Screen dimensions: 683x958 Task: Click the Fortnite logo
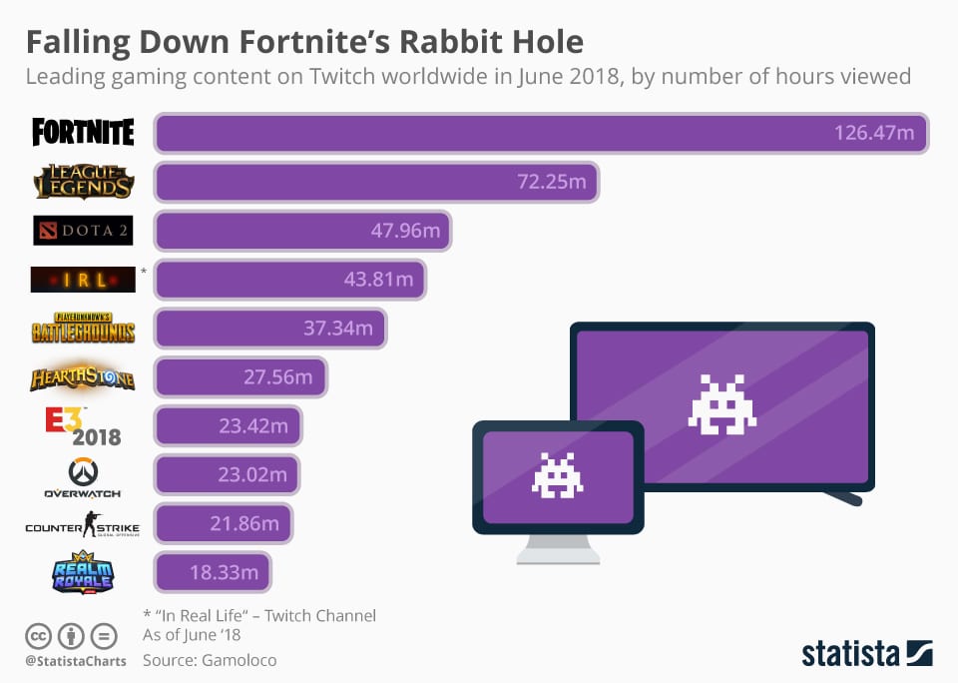83,132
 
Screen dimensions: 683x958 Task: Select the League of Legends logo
83,181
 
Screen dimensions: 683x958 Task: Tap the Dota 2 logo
83,231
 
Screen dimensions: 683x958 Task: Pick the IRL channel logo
83,280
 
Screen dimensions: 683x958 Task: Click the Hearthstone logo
83,377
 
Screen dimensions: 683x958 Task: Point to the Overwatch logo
83,477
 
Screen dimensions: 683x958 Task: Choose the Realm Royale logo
83,573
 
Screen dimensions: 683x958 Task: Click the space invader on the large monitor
721,404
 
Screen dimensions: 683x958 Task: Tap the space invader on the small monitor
557,475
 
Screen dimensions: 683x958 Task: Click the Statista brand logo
866,654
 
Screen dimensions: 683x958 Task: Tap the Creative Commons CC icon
38,635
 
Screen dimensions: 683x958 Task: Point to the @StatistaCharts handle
76,660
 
